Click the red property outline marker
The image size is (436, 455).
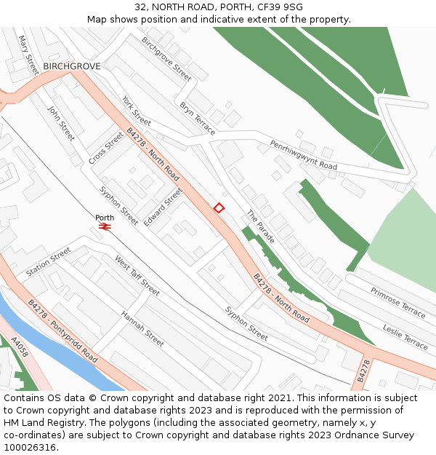coord(219,208)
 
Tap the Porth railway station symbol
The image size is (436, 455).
coord(105,227)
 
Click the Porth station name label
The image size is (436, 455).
coord(105,218)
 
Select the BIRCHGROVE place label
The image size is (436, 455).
coord(71,66)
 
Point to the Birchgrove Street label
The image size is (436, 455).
coord(166,59)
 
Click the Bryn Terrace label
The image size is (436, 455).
coord(198,118)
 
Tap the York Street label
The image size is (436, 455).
coord(137,111)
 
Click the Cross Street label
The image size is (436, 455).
coord(106,147)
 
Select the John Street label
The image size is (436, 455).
coord(61,124)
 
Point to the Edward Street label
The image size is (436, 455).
coord(163,207)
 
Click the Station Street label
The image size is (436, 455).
coord(49,262)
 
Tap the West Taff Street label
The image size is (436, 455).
coord(137,275)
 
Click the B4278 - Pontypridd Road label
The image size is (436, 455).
coord(62,331)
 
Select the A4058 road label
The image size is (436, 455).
coord(20,351)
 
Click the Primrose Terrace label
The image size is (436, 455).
coord(397,302)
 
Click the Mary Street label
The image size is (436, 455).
coord(28,55)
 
